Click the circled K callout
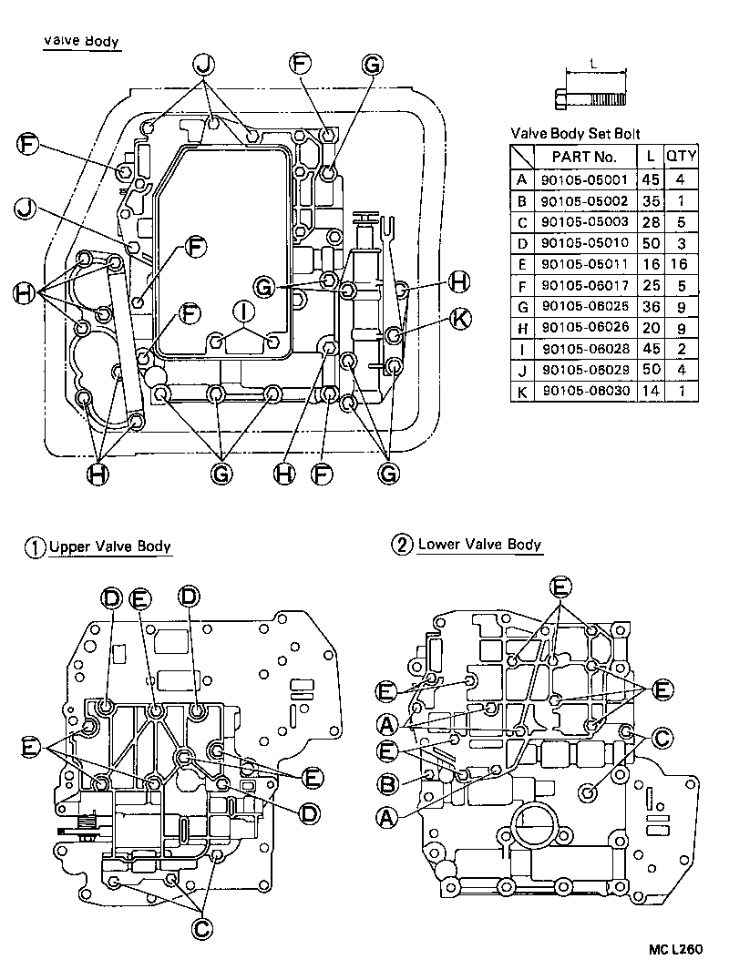point(460,317)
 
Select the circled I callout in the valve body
point(243,311)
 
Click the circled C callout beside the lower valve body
point(662,739)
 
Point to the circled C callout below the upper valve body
point(202,926)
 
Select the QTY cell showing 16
point(680,264)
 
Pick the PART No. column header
point(584,157)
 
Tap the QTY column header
point(681,157)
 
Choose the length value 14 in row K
point(651,391)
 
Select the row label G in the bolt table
point(522,307)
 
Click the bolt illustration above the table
point(591,93)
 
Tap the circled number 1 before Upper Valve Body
point(34,547)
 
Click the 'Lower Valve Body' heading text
point(479,545)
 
